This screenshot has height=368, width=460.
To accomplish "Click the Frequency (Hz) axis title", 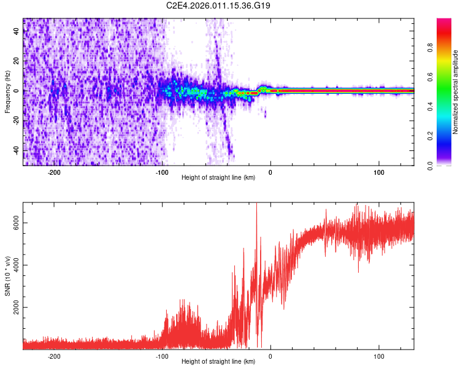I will [7, 92].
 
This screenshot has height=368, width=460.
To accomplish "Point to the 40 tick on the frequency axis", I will [17, 32].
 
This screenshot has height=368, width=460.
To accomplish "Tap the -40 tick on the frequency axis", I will [17, 150].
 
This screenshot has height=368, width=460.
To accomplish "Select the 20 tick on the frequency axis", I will [17, 61].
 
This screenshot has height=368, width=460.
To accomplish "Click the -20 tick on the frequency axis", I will [17, 121].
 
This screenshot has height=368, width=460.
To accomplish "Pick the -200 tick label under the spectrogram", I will [54, 172].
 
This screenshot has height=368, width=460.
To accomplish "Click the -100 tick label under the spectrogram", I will [162, 172].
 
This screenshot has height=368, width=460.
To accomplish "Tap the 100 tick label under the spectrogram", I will [379, 172].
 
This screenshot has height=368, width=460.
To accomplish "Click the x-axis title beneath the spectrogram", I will [218, 178].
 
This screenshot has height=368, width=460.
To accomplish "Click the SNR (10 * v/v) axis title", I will [7, 276].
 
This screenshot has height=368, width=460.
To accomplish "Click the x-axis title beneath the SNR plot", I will [218, 362].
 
